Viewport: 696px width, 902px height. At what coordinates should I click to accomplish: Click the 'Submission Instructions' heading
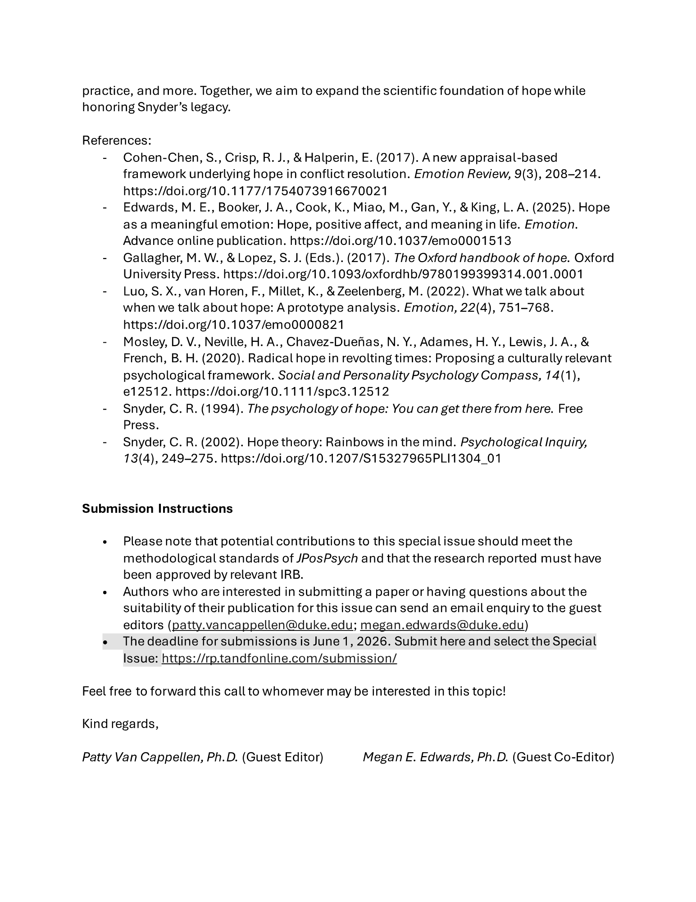157,508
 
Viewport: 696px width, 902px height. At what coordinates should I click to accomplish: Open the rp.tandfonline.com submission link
279,658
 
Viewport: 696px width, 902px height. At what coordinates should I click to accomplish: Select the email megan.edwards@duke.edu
442,625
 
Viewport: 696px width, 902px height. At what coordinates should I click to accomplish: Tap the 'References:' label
117,140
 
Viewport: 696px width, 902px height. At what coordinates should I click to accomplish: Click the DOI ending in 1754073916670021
255,191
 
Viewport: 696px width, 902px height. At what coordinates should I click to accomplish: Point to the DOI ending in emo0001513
400,240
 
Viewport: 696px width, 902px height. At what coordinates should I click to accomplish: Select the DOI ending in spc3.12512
282,391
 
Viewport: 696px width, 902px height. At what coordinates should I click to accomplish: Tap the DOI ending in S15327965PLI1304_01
361,458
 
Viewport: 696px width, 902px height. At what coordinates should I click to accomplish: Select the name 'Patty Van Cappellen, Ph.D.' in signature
159,757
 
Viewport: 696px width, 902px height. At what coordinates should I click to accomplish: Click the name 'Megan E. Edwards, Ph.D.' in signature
435,757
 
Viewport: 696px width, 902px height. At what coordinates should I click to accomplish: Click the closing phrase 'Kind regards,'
120,724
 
